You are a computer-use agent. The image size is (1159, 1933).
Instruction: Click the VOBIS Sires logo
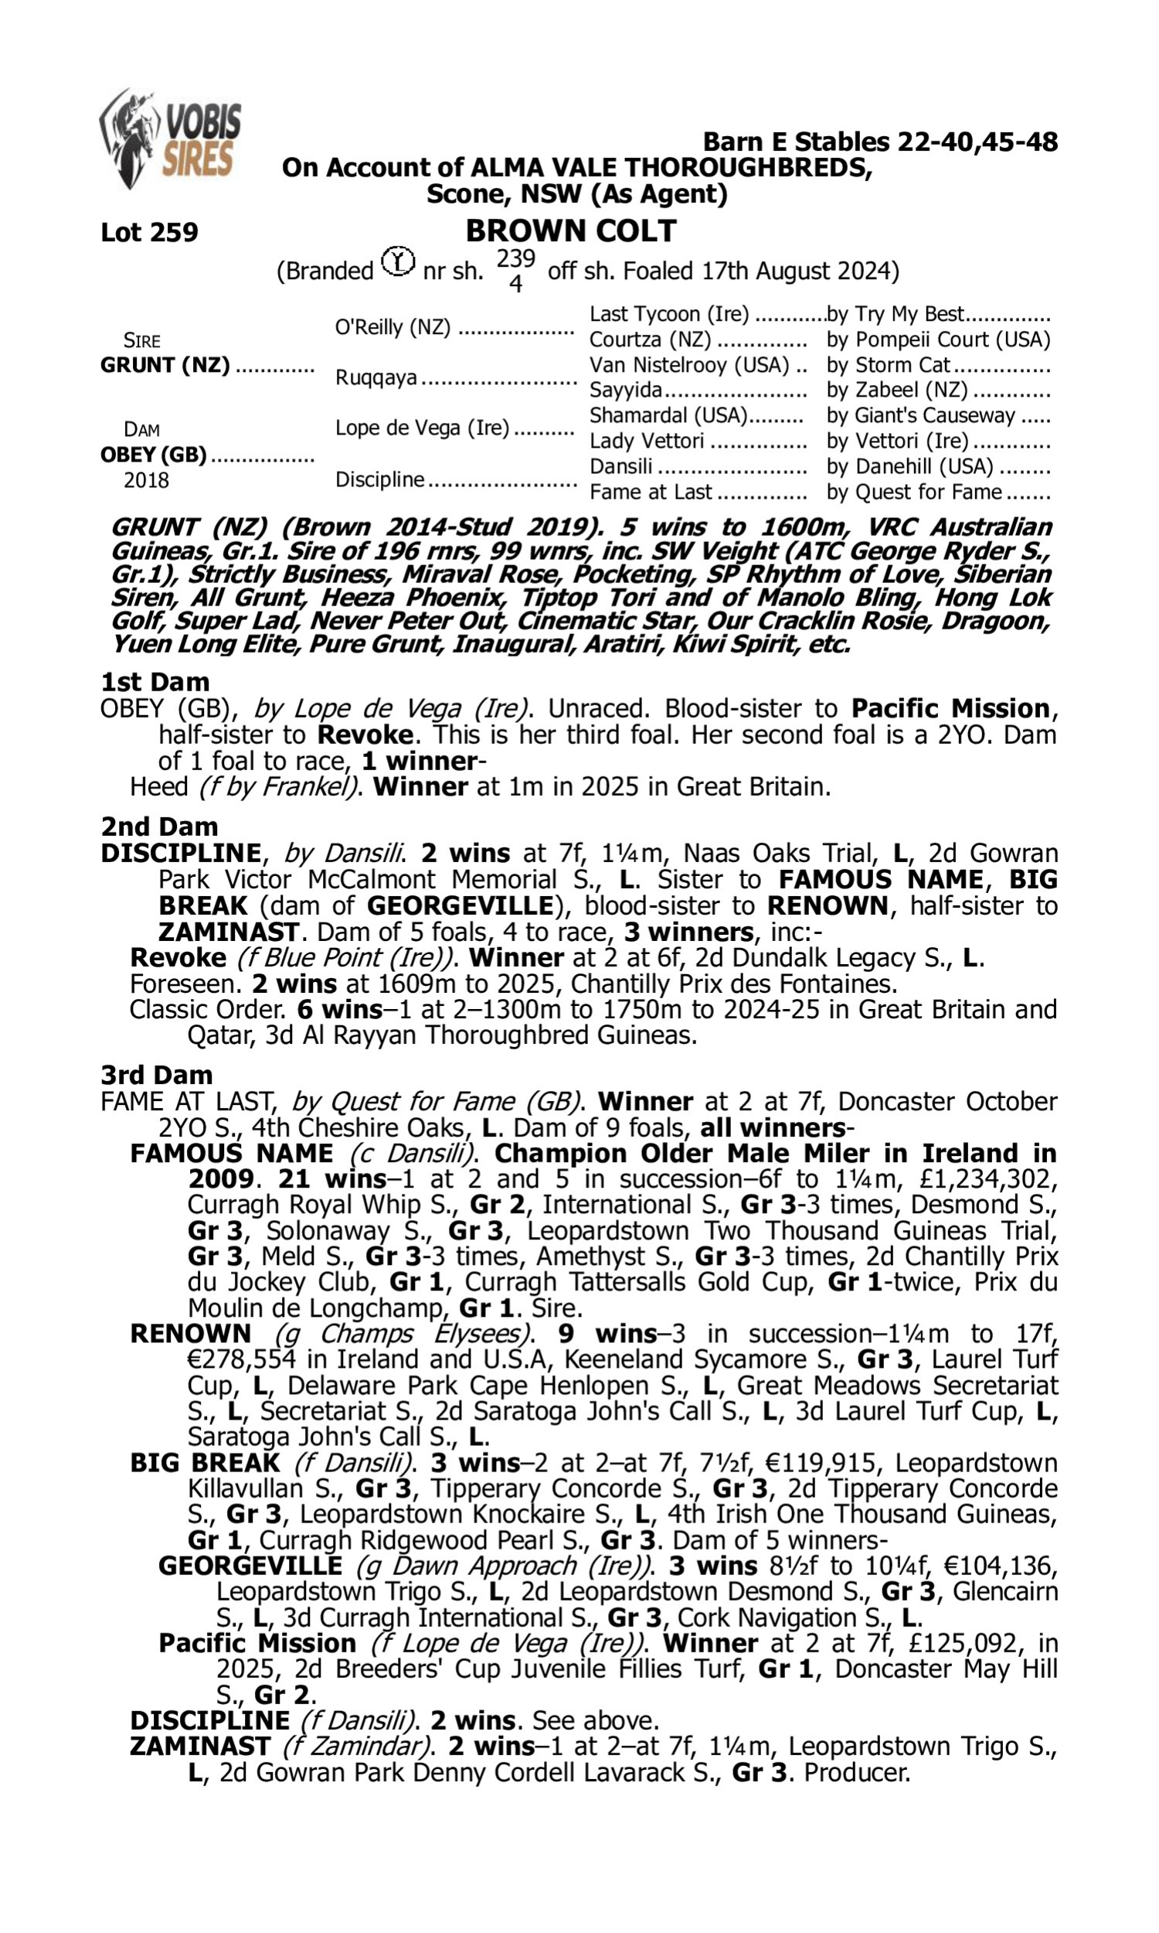pos(170,138)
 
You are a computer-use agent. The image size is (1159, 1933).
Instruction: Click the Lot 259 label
pos(149,232)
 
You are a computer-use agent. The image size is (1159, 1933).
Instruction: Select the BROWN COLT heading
pos(571,231)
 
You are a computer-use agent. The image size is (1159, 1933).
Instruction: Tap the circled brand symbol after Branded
pos(398,262)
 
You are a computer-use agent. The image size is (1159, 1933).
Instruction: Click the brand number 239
pos(515,258)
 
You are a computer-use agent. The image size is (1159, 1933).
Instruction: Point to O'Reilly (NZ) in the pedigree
pos(393,327)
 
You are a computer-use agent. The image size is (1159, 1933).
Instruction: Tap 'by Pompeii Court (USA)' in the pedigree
pos(938,340)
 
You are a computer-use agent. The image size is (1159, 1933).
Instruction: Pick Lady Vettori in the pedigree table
pos(647,441)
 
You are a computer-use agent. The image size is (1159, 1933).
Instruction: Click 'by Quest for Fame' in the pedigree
pos(914,493)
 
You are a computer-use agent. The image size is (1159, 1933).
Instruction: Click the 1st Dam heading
pos(155,682)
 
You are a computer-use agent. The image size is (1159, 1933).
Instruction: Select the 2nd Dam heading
pos(159,827)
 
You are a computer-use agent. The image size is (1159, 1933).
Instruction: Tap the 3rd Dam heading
pos(156,1075)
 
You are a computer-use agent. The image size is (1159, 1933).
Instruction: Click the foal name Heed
pos(158,787)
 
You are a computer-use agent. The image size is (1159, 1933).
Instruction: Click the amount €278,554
pos(242,1359)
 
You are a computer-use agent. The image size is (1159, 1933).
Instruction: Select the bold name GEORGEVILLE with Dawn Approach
pos(250,1567)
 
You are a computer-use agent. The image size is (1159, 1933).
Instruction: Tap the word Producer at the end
pos(857,1772)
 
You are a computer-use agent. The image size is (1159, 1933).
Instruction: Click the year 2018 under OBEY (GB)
pos(146,480)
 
